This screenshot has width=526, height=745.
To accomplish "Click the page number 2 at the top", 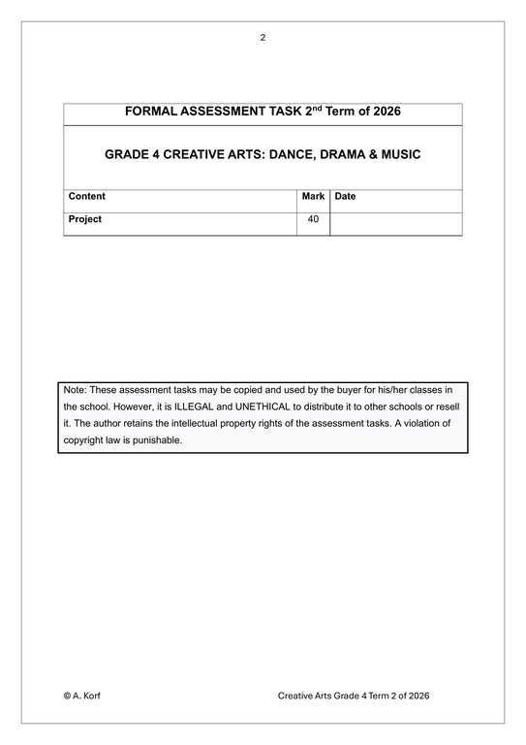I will click(x=263, y=38).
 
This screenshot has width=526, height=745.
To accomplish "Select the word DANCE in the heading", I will click(x=297, y=154).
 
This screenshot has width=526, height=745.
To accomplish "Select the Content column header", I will click(x=87, y=196).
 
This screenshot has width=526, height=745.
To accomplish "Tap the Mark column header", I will click(x=313, y=196).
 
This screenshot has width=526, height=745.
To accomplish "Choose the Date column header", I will click(x=345, y=196).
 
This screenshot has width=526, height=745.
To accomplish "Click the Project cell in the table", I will click(x=85, y=219).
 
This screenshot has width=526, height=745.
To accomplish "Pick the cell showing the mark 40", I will click(x=313, y=219).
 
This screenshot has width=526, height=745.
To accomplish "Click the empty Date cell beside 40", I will click(x=395, y=222).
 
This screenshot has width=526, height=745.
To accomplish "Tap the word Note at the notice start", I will click(x=75, y=389).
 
